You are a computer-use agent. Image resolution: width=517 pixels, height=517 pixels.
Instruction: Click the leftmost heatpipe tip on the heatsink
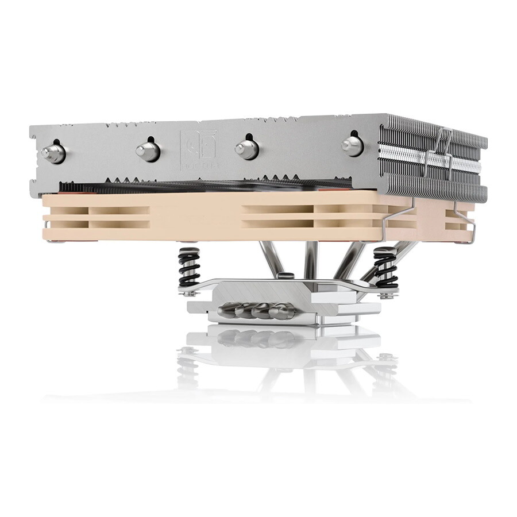[x=52, y=153]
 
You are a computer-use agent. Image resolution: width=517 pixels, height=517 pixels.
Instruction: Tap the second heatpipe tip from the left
[x=148, y=151]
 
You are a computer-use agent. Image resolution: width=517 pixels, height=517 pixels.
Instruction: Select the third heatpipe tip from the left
[x=247, y=148]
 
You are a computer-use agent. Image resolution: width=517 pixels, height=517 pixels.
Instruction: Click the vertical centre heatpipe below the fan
[x=310, y=261]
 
